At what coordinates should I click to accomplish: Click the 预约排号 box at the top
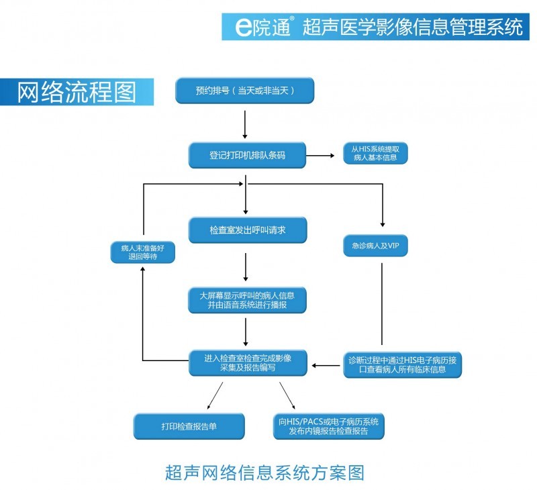[245, 91]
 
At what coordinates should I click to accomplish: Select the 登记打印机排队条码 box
[247, 155]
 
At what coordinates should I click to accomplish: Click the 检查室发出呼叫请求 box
[247, 230]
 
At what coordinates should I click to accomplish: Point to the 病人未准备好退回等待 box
[142, 252]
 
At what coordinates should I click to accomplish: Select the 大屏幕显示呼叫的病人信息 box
[247, 299]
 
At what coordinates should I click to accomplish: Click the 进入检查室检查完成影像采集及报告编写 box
[247, 362]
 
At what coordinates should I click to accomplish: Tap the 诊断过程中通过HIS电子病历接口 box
[402, 364]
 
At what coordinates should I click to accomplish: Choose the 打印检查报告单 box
[189, 426]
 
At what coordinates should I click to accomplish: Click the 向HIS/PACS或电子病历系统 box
[329, 426]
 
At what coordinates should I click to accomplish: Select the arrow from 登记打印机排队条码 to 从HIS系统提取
[321, 156]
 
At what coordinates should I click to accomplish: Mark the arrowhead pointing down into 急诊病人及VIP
[383, 224]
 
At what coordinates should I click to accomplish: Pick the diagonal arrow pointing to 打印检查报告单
[215, 395]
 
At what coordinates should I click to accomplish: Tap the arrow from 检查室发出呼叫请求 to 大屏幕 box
[246, 267]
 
